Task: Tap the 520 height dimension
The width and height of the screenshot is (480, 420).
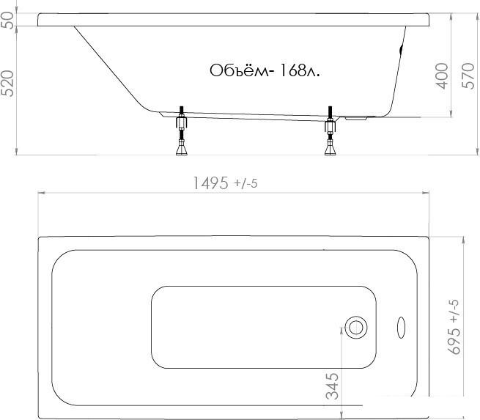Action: (7, 84)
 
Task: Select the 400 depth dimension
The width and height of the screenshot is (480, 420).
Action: (442, 76)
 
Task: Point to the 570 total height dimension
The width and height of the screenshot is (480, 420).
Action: (468, 76)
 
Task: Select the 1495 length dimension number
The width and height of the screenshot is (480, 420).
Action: (210, 183)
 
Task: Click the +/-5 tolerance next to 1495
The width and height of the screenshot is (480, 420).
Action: (245, 183)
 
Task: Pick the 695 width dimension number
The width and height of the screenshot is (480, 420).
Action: (454, 341)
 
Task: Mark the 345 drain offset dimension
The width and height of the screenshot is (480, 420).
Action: (332, 386)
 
